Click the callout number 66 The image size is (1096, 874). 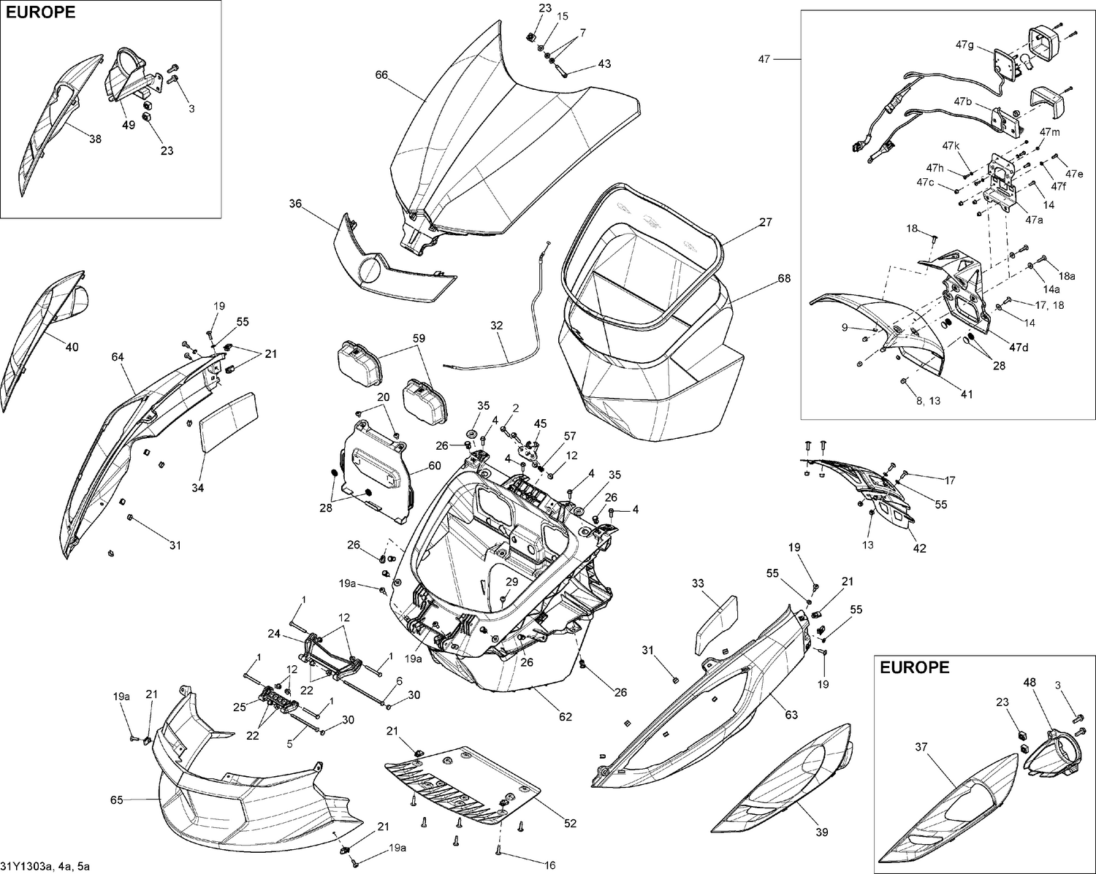pos(381,74)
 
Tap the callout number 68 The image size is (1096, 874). pos(784,278)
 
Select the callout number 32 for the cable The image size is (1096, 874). pos(497,326)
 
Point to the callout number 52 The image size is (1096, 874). pos(570,823)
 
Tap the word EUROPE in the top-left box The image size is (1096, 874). pos(40,12)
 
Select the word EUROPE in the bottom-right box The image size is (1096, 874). pos(915,667)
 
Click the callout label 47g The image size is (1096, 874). pos(964,45)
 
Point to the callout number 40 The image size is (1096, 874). pos(72,347)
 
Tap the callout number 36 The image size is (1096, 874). pos(294,204)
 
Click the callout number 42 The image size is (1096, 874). pos(919,548)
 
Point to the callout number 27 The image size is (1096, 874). pos(765,222)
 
